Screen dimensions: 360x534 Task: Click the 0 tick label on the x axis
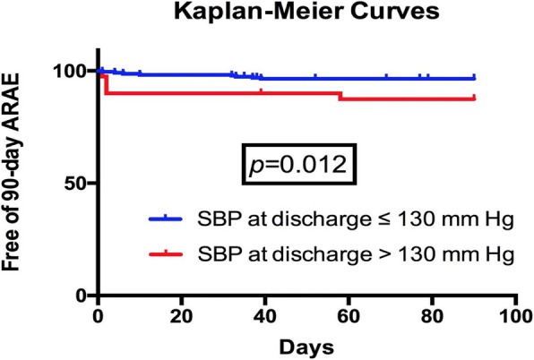tap(98, 316)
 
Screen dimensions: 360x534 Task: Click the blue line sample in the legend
tap(169, 218)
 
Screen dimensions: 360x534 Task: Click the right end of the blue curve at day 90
tap(474, 79)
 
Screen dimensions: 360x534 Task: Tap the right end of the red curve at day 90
tap(474, 99)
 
